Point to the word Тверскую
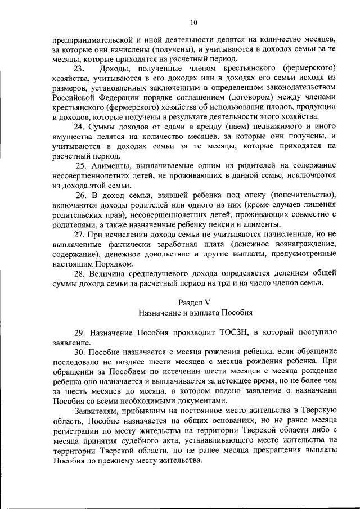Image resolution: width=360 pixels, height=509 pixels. [x=317, y=412]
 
